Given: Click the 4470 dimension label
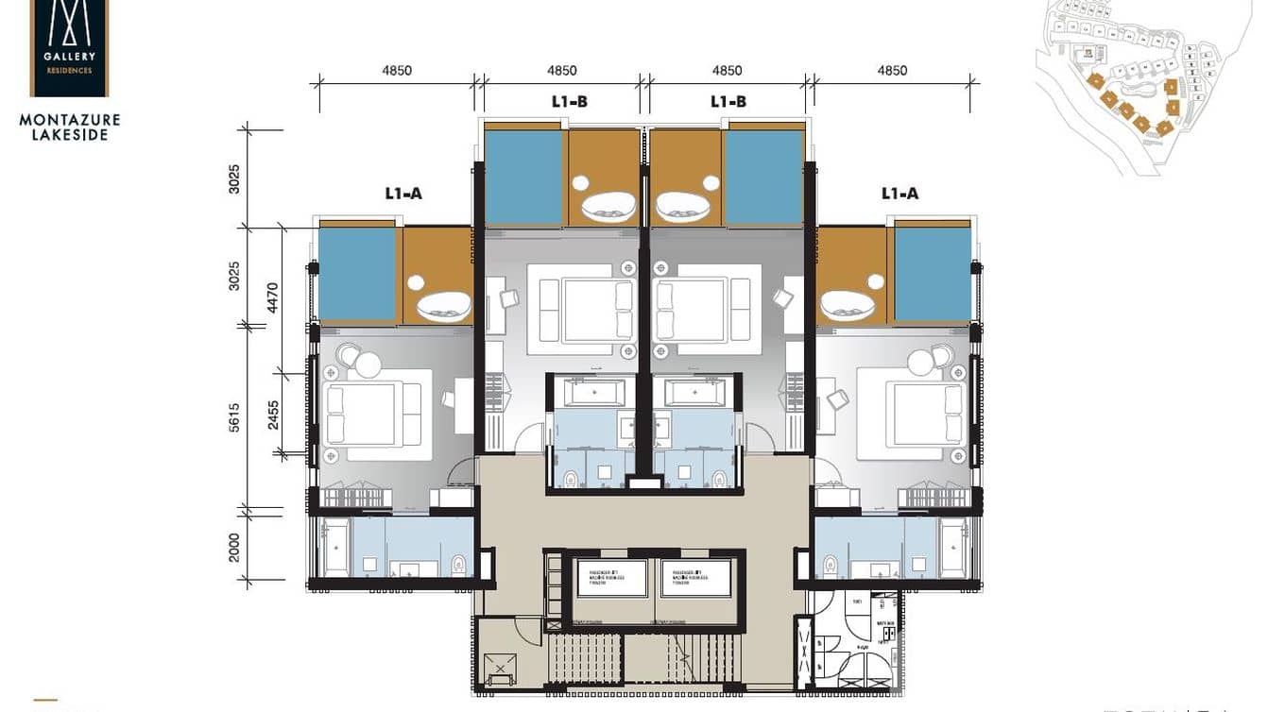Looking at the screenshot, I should [273, 297].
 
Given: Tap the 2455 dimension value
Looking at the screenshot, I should [273, 415].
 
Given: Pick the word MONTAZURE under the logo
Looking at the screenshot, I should [69, 120].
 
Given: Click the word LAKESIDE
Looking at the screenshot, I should [69, 135].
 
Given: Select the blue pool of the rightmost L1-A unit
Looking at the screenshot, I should [933, 274].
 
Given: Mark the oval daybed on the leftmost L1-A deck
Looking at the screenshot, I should [443, 305].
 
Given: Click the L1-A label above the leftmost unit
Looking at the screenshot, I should [403, 194].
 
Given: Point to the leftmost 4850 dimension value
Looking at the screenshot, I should [397, 71].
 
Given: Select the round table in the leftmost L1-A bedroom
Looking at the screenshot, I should [368, 364].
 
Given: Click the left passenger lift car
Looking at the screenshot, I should [611, 577].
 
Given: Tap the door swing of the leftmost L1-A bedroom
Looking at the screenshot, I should [462, 472].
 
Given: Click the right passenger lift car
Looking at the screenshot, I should [695, 577].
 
